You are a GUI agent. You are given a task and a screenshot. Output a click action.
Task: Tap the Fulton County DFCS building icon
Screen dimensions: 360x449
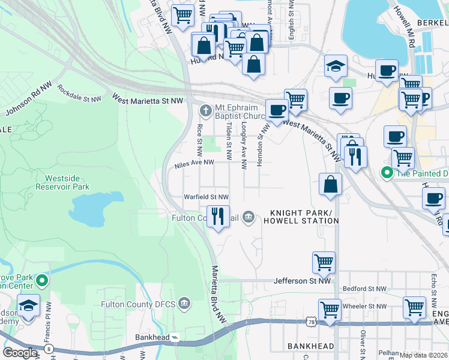click(184, 304)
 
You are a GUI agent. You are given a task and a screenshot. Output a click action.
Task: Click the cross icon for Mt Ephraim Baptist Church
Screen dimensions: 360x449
click(206, 110)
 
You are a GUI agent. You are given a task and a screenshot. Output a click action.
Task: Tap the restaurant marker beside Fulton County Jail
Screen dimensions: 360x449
click(218, 216)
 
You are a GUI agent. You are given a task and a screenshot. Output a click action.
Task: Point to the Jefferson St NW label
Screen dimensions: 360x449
click(302, 280)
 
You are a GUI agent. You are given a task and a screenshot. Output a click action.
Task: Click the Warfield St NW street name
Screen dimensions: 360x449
click(206, 197)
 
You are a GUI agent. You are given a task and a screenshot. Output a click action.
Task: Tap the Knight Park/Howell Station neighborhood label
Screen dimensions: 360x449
click(304, 217)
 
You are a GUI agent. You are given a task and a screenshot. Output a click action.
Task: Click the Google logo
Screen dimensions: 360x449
click(20, 353)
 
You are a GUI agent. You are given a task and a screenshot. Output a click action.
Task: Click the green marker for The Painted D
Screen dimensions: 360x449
click(388, 173)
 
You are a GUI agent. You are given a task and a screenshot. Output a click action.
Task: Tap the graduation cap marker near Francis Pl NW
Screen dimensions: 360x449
click(28, 307)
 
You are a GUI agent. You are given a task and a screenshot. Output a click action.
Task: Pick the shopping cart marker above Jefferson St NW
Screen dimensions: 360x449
click(323, 262)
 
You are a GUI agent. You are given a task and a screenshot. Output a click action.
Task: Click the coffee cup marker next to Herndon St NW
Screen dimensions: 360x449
click(277, 110)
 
